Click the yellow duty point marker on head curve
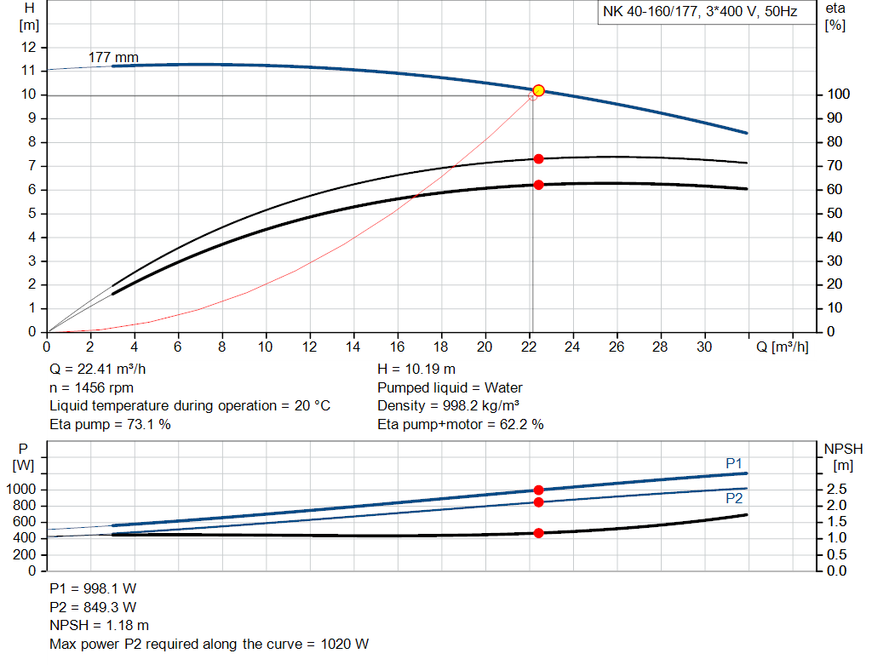[x=538, y=90]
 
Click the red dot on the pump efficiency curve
[x=538, y=159]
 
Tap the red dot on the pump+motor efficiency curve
[x=538, y=185]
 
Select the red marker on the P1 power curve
[x=538, y=490]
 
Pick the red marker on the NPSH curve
[x=538, y=533]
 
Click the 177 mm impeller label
[x=113, y=58]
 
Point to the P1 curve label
[x=734, y=462]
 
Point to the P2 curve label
[x=734, y=499]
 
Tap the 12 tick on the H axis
[x=29, y=48]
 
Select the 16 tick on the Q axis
[x=398, y=347]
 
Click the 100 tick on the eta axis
[x=838, y=95]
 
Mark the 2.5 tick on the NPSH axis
[x=835, y=490]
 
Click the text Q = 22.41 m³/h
[x=103, y=370]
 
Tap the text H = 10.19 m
[x=416, y=370]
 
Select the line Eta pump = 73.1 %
[x=110, y=424]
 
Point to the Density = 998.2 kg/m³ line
[x=449, y=406]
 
